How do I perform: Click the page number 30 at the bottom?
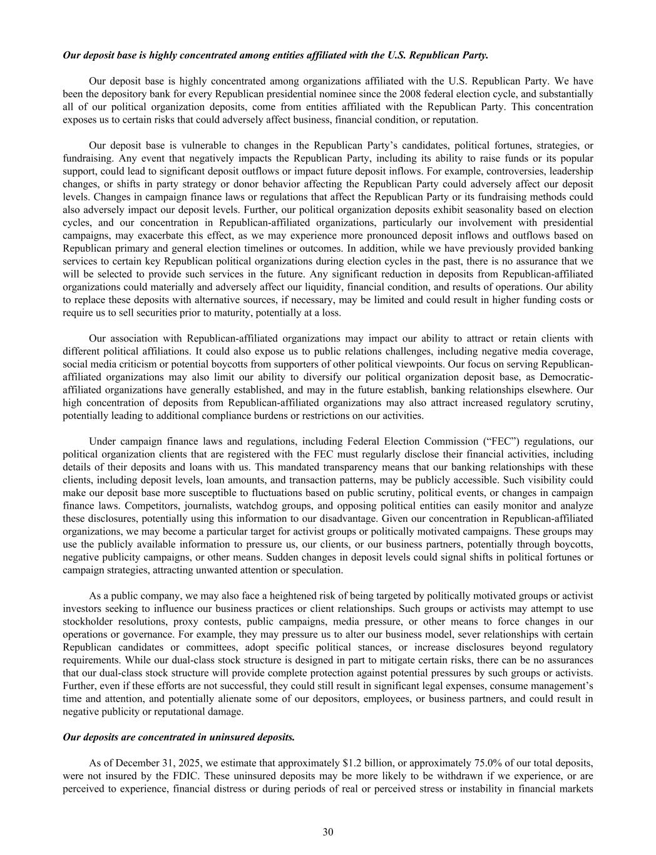pyautogui.click(x=328, y=831)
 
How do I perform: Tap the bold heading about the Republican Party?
pyautogui.click(x=275, y=55)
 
